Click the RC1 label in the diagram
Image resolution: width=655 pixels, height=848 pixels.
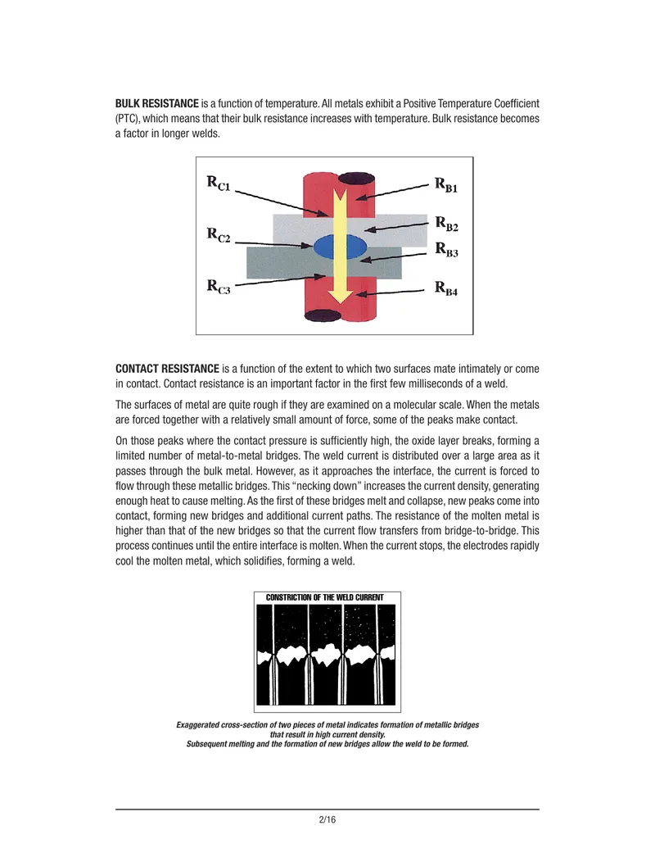[219, 183]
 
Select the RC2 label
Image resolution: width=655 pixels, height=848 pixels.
[219, 235]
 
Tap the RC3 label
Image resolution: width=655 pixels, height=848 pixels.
[219, 287]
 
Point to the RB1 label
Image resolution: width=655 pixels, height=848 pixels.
[446, 185]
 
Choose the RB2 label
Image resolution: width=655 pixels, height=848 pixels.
[447, 224]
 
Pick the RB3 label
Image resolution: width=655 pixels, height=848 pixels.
[447, 250]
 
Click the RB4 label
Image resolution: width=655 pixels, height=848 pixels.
[446, 288]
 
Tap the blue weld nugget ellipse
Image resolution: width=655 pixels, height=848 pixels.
[340, 247]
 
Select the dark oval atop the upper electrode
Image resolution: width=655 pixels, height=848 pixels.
[357, 179]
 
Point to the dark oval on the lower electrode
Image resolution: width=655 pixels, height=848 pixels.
[323, 315]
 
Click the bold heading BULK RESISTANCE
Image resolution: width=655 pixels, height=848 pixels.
[156, 103]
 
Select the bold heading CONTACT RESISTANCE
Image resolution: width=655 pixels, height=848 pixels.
[167, 369]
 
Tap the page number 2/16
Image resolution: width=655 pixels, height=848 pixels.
[327, 819]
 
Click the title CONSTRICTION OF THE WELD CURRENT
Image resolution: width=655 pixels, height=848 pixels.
[324, 597]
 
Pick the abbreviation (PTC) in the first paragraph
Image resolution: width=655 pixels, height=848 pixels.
[128, 119]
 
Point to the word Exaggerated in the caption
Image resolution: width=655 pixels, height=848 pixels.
[197, 725]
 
